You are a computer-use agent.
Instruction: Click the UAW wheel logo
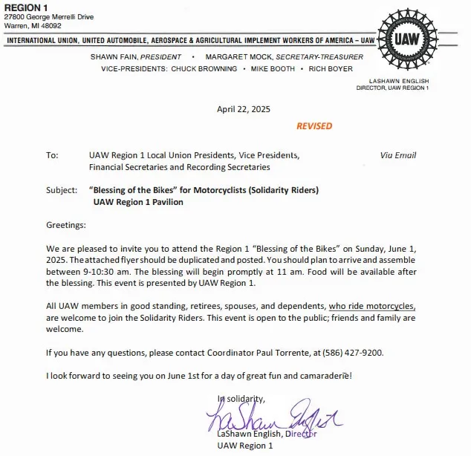coord(410,39)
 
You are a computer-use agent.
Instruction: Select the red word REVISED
coord(314,126)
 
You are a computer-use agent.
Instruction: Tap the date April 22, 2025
coord(244,108)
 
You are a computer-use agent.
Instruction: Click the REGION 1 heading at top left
coord(26,7)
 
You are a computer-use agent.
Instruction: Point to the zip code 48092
coord(51,25)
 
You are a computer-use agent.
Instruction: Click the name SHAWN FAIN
coord(114,56)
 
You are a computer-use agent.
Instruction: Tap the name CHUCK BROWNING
coord(204,68)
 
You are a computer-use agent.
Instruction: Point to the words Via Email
coord(397,155)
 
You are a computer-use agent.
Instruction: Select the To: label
coord(51,156)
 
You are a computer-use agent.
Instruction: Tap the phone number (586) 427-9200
coord(349,352)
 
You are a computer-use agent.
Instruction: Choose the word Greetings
coord(66,224)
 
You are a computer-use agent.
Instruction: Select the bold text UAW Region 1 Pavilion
coord(138,202)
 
